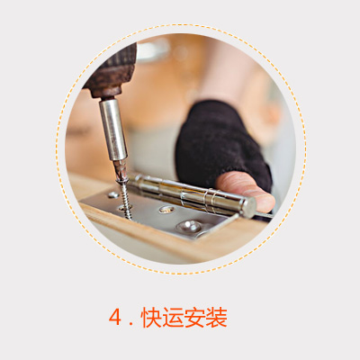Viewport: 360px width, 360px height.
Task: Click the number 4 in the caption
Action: (114, 317)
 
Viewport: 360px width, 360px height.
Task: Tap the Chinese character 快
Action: (151, 317)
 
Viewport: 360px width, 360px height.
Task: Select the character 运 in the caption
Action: (173, 317)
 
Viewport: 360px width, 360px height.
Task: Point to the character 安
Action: (194, 317)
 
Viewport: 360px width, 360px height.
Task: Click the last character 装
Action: (216, 317)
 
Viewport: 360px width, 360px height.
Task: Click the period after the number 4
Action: (130, 324)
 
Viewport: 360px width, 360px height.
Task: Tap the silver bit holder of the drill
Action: (113, 130)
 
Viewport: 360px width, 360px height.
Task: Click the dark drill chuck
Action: (111, 72)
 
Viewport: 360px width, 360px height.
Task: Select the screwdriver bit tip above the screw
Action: (121, 170)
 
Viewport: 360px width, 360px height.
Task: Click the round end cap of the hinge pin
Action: (248, 207)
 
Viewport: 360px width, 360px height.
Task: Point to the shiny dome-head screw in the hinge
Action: (189, 226)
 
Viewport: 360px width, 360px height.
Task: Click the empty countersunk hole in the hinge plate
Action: (166, 210)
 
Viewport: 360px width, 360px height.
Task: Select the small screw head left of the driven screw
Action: (113, 194)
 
